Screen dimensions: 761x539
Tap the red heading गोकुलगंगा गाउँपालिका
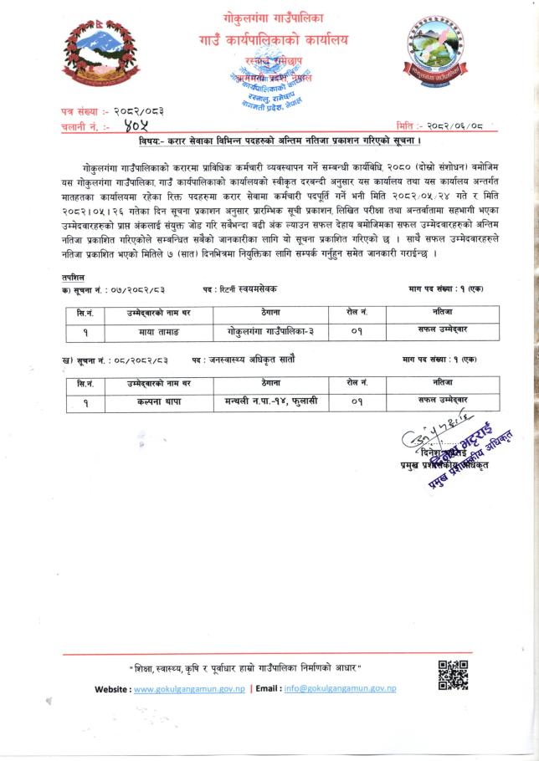tap(273, 17)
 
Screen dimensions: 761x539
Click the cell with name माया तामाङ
tap(148, 330)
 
